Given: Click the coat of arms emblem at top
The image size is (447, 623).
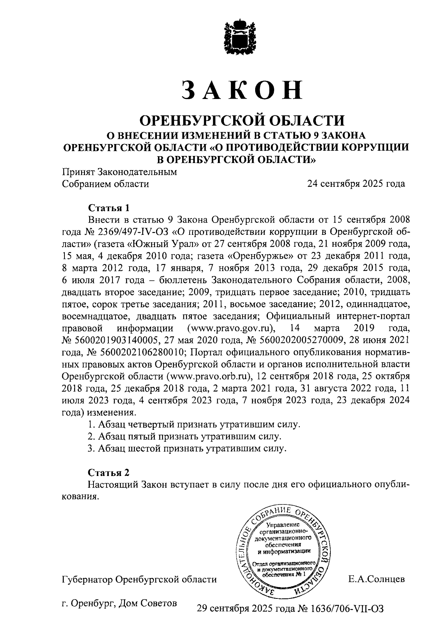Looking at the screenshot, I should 241,38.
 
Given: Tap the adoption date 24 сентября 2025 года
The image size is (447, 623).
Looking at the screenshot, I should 356,184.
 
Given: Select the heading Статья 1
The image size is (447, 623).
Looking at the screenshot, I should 109,207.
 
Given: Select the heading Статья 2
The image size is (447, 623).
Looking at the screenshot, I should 109,473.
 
